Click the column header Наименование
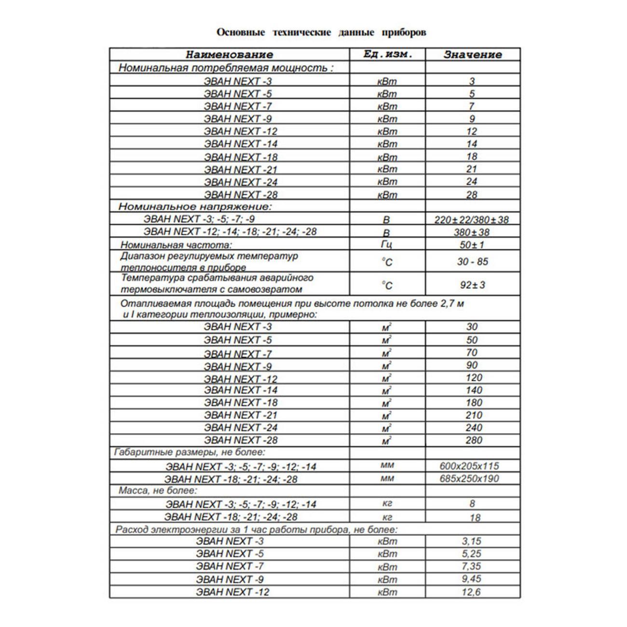tap(229, 55)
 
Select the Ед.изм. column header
tap(387, 54)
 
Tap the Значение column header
tap(473, 55)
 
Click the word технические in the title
tap(302, 32)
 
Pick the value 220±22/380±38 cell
tap(472, 220)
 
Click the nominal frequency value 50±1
tap(472, 245)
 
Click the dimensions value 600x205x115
tap(469, 466)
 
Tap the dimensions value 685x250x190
tap(469, 478)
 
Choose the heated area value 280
tap(474, 440)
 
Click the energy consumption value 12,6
tap(471, 592)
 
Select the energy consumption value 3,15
tap(471, 541)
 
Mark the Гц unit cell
tap(387, 245)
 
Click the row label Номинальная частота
tap(176, 245)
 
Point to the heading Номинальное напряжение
tap(195, 206)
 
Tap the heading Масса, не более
tap(158, 491)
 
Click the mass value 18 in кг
tap(475, 518)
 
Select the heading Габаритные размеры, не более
tap(190, 452)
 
